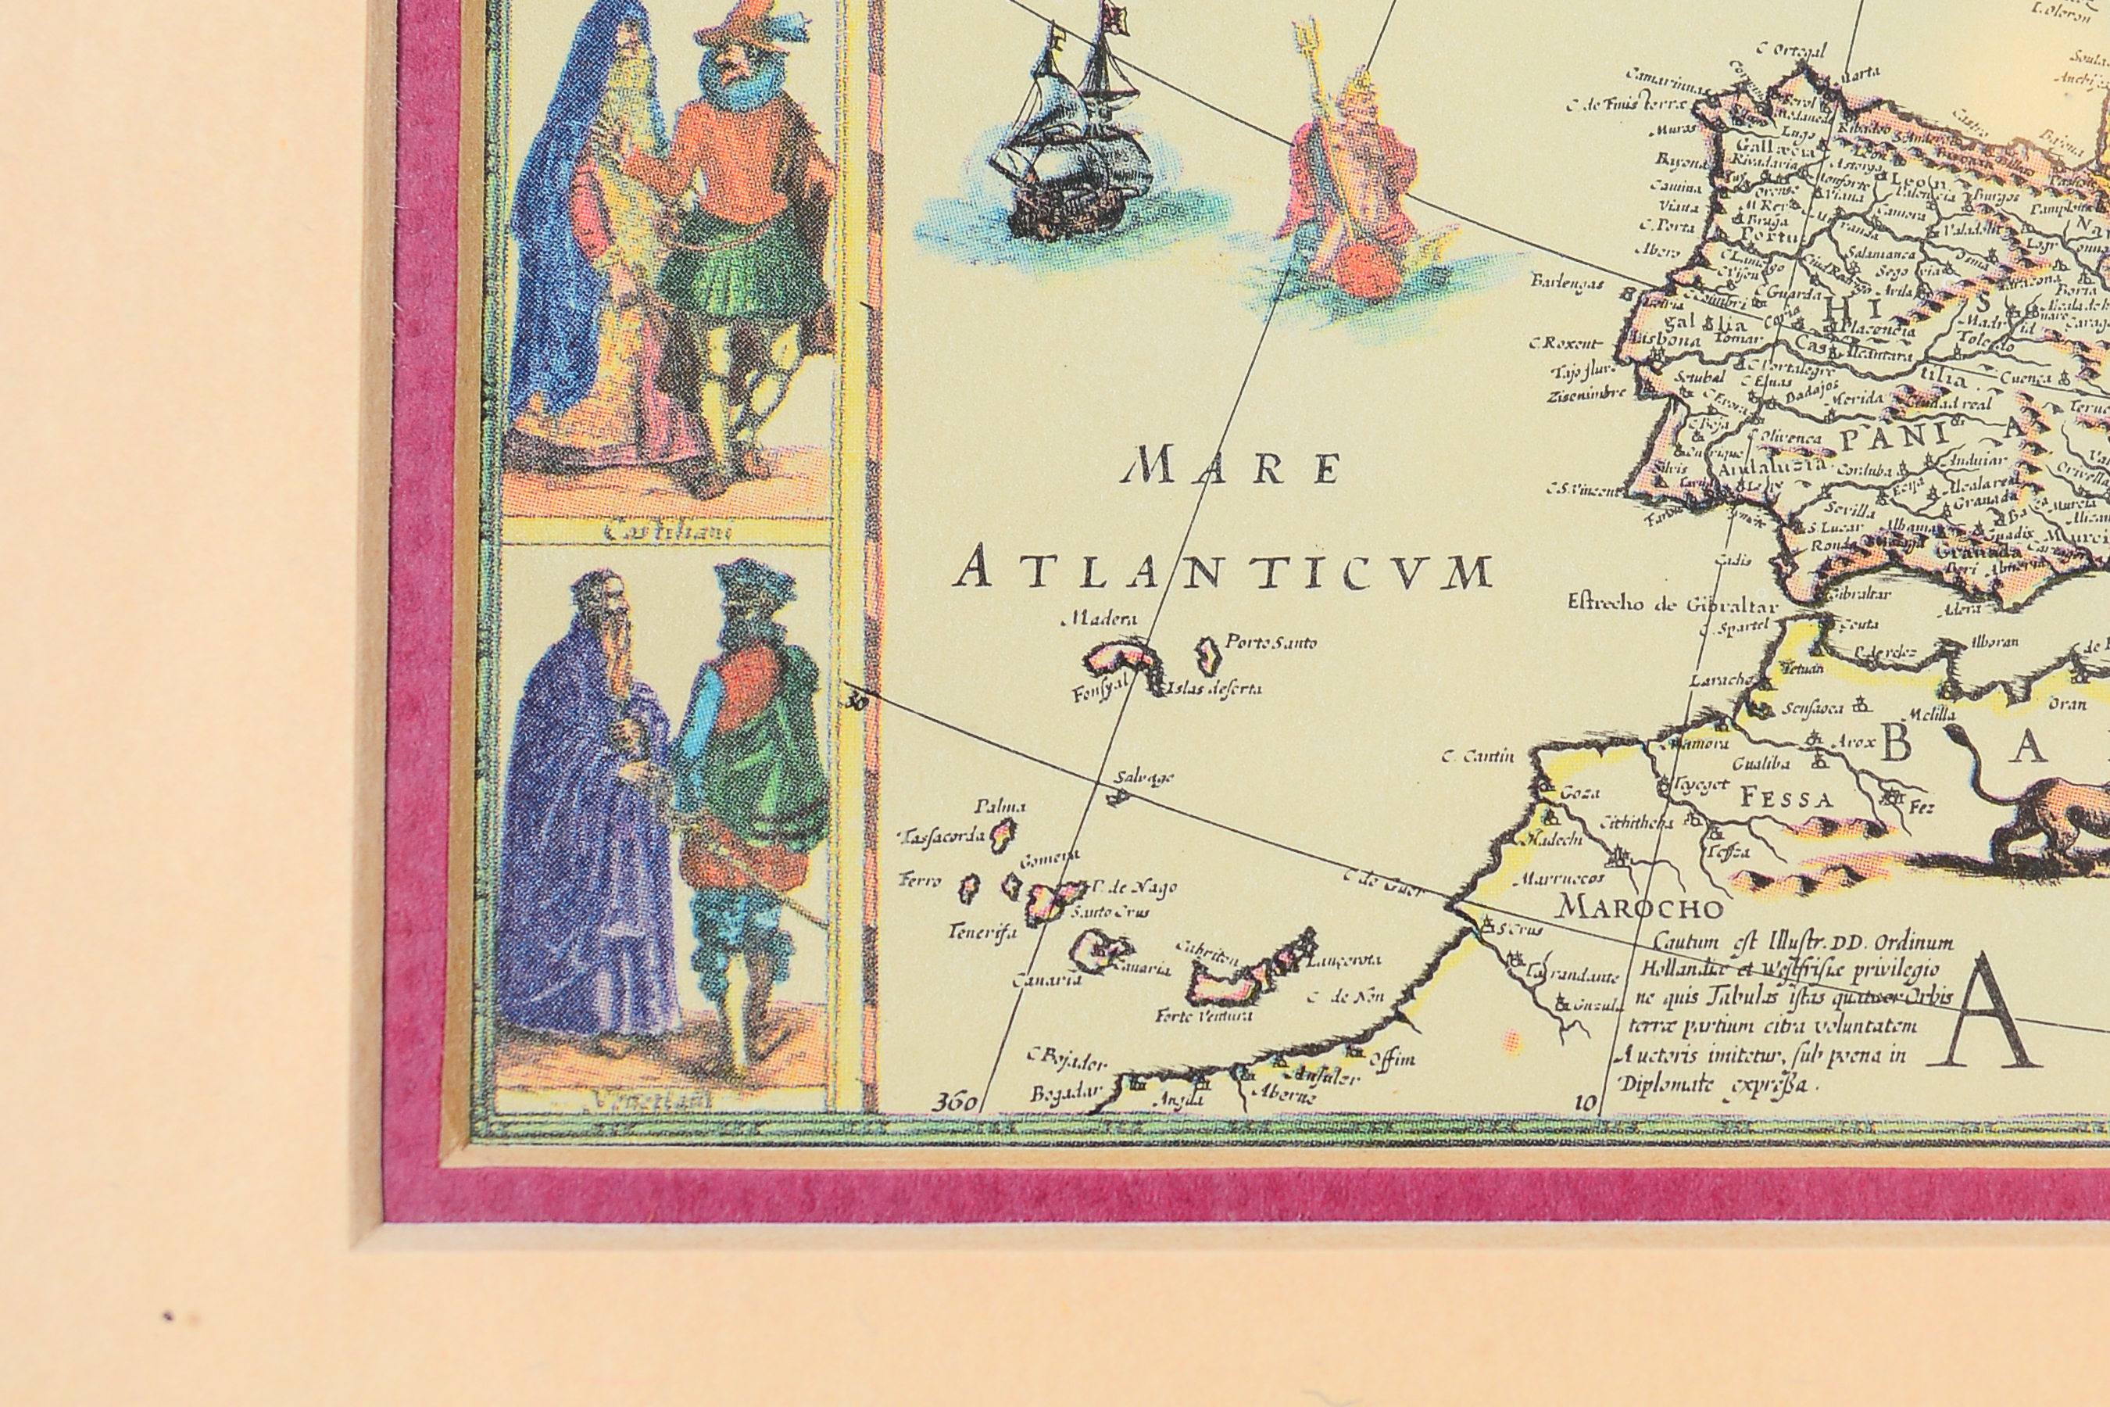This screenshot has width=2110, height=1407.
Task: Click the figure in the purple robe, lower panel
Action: click(583, 835)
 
